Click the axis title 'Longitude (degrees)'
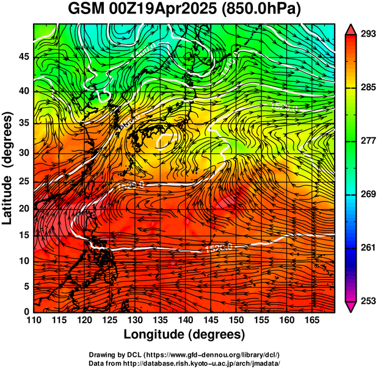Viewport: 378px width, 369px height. click(184, 335)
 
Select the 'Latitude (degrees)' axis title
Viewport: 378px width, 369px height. click(9, 168)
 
